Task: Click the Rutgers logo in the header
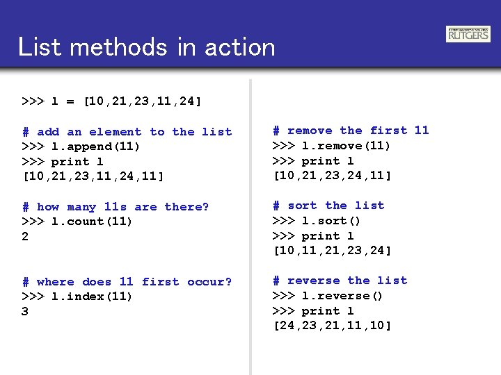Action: (468, 34)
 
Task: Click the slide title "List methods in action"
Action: (147, 47)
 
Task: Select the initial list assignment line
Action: (112, 101)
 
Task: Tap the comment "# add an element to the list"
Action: (127, 132)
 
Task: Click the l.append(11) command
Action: (81, 147)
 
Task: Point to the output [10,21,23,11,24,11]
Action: (93, 176)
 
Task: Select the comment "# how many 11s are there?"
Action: (116, 207)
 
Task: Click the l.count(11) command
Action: (77, 222)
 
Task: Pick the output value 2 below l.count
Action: (26, 237)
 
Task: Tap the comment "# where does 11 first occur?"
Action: (127, 282)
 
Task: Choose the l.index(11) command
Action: (77, 297)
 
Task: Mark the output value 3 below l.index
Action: (26, 312)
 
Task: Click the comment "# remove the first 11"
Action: (351, 131)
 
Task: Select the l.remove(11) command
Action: (331, 146)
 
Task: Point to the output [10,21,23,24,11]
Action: (333, 176)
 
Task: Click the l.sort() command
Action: (317, 221)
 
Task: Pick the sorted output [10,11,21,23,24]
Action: (333, 251)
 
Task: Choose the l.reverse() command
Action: (328, 296)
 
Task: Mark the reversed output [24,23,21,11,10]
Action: (333, 326)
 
